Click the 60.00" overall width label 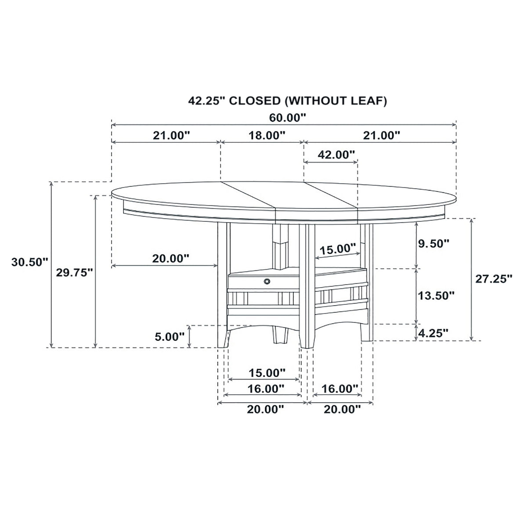point(287,118)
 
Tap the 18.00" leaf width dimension point(267,135)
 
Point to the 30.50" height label point(29,262)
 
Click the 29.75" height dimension point(74,272)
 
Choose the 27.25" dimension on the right point(494,279)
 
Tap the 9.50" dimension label point(434,243)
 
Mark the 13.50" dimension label point(436,296)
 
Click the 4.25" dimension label point(433,333)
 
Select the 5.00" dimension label point(170,337)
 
